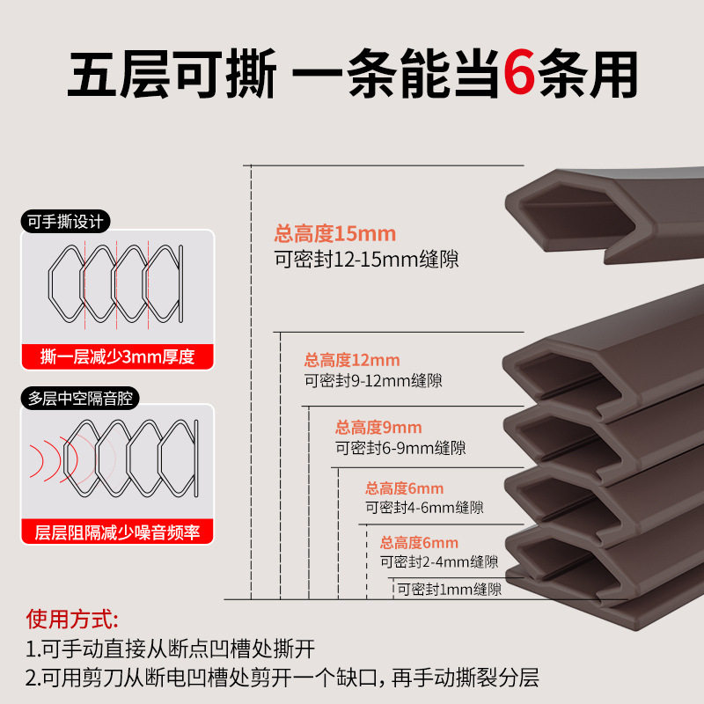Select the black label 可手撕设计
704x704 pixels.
pyautogui.click(x=69, y=223)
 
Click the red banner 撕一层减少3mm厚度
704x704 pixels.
pyautogui.click(x=117, y=356)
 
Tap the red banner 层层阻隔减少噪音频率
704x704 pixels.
pyautogui.click(x=117, y=532)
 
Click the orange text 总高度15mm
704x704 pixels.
pyautogui.click(x=335, y=234)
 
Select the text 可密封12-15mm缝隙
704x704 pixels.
pyautogui.click(x=366, y=260)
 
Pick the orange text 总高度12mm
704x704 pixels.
pyautogui.click(x=352, y=360)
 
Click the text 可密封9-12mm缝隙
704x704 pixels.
pyautogui.click(x=373, y=381)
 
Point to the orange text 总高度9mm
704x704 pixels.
pyautogui.click(x=378, y=428)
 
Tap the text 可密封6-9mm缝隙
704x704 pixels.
pyautogui.click(x=400, y=449)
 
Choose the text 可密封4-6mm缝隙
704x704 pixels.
pyautogui.click(x=424, y=508)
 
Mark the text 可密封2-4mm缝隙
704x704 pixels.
pyautogui.click(x=439, y=561)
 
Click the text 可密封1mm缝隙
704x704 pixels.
pyautogui.click(x=450, y=590)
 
